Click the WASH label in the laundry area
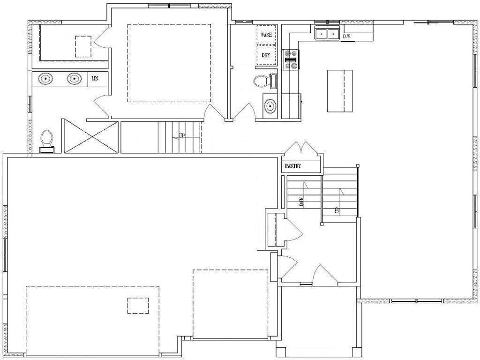[x=267, y=35]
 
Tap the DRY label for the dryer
[x=266, y=55]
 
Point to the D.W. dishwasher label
[x=347, y=36]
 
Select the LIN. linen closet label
[x=94, y=79]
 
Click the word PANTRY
[x=292, y=166]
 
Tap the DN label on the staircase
[x=302, y=202]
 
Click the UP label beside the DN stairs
[x=336, y=210]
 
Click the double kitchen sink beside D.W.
[x=327, y=34]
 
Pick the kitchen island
[x=339, y=90]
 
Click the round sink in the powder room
[x=270, y=106]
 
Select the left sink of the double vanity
[x=45, y=79]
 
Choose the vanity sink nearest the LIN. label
[x=74, y=79]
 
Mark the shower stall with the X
[x=90, y=136]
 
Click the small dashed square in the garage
[x=138, y=305]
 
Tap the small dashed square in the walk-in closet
[x=83, y=46]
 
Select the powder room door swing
[x=244, y=111]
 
